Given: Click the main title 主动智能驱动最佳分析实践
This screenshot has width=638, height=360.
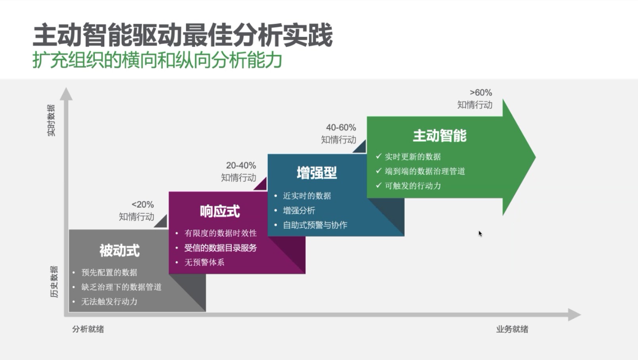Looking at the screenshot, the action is (183, 35).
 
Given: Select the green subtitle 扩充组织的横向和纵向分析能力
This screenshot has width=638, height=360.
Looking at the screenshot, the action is (157, 60).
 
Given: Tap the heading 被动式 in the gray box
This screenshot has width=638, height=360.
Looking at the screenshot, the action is (120, 251).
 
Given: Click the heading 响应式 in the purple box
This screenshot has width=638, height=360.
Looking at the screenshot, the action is (220, 211).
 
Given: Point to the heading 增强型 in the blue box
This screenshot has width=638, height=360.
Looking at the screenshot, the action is (317, 173).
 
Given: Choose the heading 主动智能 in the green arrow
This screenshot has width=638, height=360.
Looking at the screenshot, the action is (440, 136).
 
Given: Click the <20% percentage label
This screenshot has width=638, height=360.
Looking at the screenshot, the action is (142, 204).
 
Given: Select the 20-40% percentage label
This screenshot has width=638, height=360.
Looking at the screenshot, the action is (241, 165).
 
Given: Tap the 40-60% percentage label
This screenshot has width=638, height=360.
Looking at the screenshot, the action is (341, 128).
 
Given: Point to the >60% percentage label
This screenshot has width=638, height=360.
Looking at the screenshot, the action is (481, 92).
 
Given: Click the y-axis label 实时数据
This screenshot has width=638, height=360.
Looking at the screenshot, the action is (51, 120).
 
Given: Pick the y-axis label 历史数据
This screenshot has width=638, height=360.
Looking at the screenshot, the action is (54, 282).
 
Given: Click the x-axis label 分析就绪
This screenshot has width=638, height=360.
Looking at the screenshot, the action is (88, 329).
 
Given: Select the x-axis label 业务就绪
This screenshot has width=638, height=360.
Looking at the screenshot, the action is (512, 329).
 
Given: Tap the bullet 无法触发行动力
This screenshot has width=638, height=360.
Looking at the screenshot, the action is (110, 301).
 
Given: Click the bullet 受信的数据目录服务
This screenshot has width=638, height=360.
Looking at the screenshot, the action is (221, 248).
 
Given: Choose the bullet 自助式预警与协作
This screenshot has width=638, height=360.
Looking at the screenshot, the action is (315, 225).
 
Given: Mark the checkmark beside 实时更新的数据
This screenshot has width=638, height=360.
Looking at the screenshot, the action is (379, 156).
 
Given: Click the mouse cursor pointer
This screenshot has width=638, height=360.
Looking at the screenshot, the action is (480, 234).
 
